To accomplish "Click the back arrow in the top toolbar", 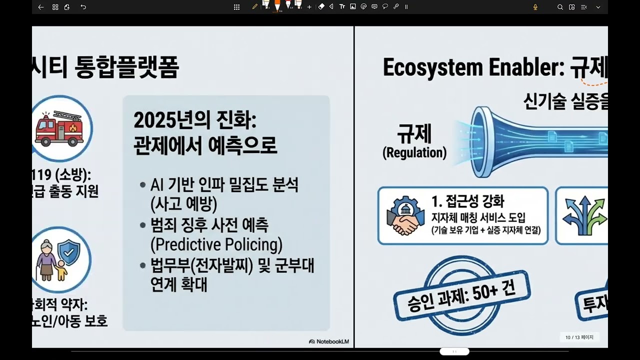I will click(x=41, y=7).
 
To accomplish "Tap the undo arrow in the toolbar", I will click(x=83, y=7).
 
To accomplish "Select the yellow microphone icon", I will click(x=535, y=7).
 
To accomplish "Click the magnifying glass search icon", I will click(x=560, y=7).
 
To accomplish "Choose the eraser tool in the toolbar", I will click(x=321, y=6).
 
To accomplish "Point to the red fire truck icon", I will click(x=58, y=127).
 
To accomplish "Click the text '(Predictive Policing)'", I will click(x=216, y=244).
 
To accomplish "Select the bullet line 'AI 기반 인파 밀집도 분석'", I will click(x=224, y=185).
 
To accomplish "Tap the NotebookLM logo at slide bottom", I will click(x=329, y=341).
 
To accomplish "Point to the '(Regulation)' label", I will click(x=414, y=152).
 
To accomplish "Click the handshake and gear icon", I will click(x=402, y=216).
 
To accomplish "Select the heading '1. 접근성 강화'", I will click(x=467, y=202).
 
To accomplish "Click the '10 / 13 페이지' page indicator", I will click(x=579, y=337).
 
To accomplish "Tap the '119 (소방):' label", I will click(x=62, y=175).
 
